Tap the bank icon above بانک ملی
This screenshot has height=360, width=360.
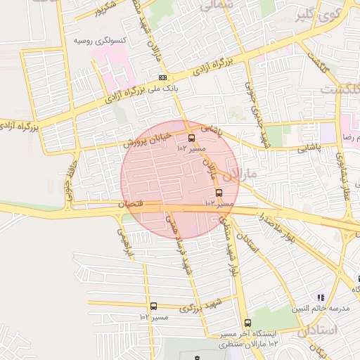[163, 77]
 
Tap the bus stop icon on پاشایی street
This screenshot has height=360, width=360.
[192, 138]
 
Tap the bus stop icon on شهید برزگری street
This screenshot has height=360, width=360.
[153, 306]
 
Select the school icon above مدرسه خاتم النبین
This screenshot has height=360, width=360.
[321, 298]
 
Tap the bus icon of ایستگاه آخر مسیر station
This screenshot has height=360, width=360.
[247, 323]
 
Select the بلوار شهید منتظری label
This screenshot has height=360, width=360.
[227, 243]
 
